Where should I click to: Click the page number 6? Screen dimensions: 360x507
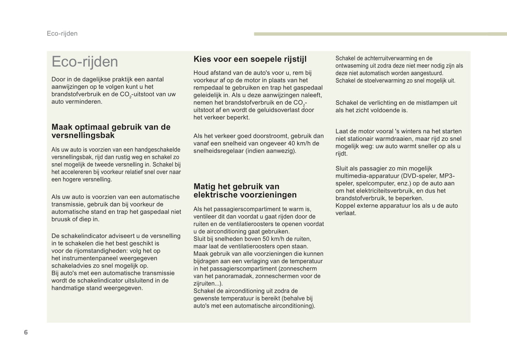26,332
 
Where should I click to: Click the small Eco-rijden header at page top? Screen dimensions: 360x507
62,34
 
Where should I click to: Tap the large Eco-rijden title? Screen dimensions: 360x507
85,62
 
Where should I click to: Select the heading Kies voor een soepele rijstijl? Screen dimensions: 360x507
250,59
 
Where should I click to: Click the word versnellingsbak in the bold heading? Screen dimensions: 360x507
83,135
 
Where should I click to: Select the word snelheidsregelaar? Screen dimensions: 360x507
219,151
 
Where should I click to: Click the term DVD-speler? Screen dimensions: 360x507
418,176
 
